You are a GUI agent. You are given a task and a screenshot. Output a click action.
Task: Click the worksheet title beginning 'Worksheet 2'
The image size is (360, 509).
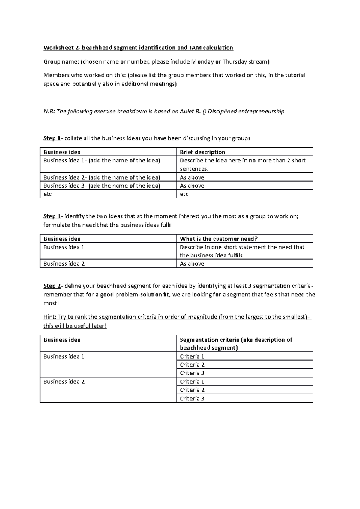pos(138,48)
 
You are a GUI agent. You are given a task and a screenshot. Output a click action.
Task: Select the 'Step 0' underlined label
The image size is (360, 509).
pos(52,138)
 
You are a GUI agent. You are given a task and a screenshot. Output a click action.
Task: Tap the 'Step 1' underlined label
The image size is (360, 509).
pos(52,216)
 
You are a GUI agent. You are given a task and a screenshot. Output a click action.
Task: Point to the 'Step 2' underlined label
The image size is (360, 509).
pos(52,286)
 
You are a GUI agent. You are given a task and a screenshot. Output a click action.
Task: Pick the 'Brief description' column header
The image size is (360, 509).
pos(202,152)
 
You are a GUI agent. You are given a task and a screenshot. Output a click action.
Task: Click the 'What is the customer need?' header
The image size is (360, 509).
pos(219,239)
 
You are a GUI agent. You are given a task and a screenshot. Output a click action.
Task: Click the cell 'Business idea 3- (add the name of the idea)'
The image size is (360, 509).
pos(102,186)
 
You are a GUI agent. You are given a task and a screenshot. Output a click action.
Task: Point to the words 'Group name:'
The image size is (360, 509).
pos(61,62)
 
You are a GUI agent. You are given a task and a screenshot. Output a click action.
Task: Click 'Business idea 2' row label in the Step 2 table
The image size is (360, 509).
pos(64,382)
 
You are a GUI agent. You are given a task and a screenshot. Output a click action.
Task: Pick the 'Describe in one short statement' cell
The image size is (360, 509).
pos(242,251)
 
